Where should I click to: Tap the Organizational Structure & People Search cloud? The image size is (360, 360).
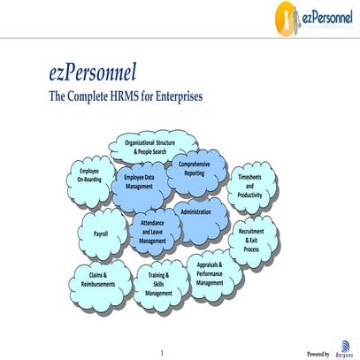[156, 147]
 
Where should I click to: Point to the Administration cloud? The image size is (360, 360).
[196, 213]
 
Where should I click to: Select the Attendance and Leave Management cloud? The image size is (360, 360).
[152, 232]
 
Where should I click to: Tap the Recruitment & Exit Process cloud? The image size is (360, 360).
[251, 240]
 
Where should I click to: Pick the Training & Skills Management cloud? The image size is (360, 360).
[159, 284]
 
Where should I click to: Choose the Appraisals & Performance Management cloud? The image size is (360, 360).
[210, 273]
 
